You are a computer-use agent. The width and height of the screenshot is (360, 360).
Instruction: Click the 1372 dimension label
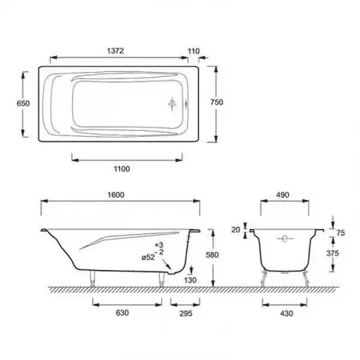click(x=115, y=51)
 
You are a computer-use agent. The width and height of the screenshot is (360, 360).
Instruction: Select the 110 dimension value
click(x=194, y=51)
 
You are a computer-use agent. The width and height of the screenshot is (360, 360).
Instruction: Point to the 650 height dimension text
click(x=23, y=104)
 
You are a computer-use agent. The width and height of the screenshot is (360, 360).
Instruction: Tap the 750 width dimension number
click(x=217, y=102)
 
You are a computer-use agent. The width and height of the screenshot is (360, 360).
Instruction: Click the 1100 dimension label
click(x=122, y=169)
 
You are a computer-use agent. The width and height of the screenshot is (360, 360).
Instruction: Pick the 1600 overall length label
click(x=116, y=195)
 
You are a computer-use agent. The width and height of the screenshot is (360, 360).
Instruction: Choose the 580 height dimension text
click(x=212, y=255)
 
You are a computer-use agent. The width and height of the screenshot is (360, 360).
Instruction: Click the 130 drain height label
click(x=191, y=280)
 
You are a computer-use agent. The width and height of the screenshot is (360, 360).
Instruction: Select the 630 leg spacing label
click(x=122, y=312)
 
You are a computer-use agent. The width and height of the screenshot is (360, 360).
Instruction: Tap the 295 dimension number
click(x=186, y=313)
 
